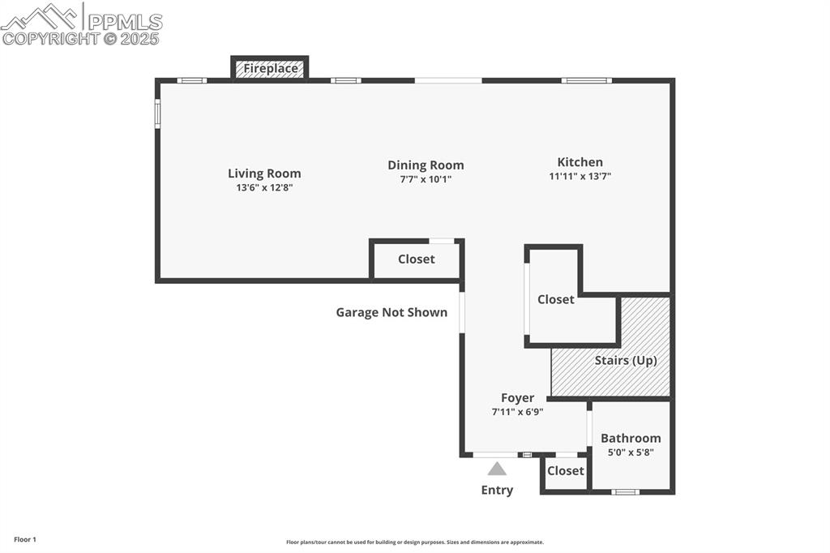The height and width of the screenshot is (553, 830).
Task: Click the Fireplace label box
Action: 271,69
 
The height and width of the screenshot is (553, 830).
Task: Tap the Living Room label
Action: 264,174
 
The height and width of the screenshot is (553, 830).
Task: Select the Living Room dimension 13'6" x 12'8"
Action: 264,187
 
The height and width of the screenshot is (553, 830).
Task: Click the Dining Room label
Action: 426,165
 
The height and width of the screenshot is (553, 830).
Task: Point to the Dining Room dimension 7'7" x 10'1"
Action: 426,179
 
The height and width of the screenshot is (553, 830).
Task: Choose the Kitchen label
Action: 580,162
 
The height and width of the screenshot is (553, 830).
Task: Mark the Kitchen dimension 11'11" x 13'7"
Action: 580,176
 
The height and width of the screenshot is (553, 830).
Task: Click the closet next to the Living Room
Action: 416,259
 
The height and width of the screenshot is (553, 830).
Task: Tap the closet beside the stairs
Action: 556,299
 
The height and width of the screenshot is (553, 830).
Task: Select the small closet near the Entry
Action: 565,471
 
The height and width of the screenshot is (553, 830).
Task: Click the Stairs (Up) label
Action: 626,360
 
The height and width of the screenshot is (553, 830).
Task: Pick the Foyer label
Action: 517,398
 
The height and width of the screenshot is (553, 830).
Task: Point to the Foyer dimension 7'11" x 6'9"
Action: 517,412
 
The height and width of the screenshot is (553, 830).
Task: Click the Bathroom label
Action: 631,439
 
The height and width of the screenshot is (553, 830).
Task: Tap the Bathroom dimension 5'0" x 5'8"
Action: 631,452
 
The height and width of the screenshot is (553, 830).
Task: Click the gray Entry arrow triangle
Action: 497,469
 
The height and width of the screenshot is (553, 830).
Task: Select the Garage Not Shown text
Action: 391,312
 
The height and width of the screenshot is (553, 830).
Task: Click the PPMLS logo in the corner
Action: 81,24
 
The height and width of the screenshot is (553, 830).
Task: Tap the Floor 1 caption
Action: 25,539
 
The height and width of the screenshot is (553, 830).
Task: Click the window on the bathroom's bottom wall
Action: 625,491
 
